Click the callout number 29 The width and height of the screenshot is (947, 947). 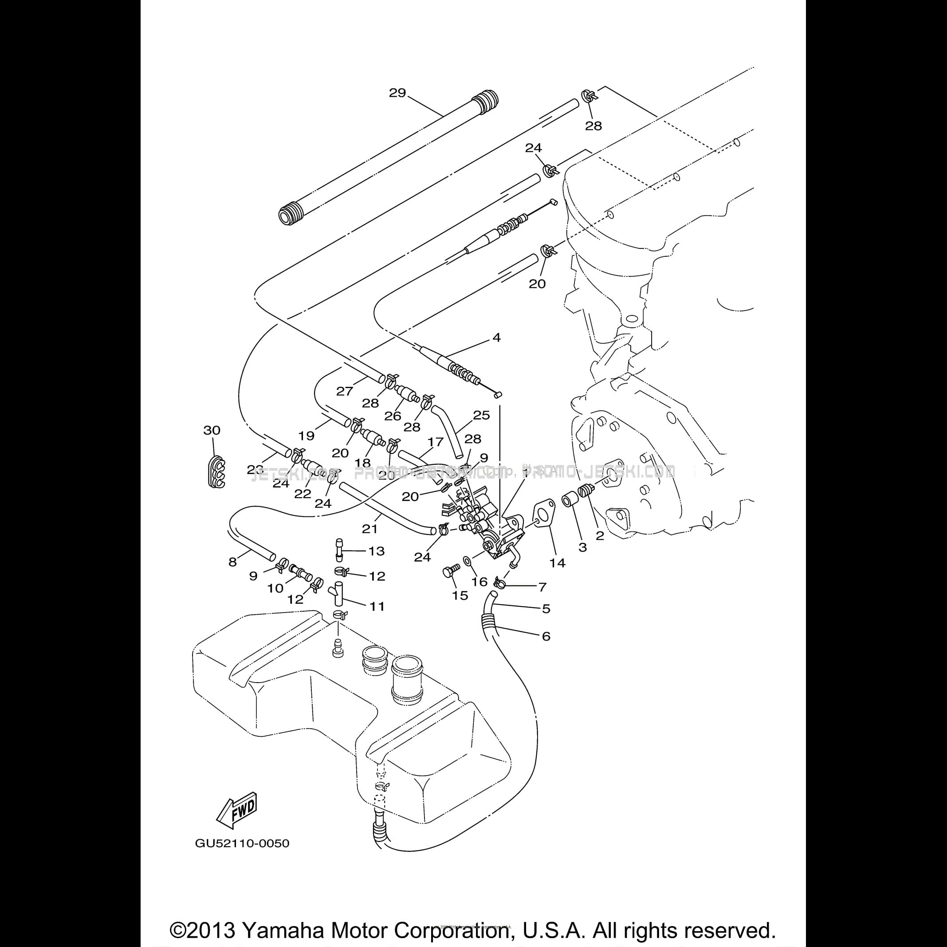397,93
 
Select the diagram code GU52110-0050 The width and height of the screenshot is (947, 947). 242,857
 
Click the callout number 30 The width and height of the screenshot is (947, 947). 212,430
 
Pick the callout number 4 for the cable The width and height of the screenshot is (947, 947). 496,338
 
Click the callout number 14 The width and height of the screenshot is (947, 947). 557,563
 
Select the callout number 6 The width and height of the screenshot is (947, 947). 546,636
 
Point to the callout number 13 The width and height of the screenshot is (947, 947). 377,551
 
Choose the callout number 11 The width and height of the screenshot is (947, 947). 377,606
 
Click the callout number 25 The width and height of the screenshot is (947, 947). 481,415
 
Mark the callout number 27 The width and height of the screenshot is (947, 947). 345,391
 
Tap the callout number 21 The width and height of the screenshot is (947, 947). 370,529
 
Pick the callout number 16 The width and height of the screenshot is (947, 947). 479,582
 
